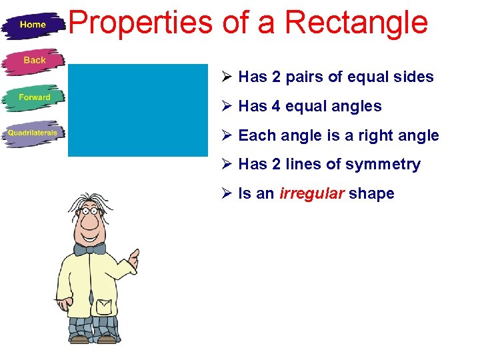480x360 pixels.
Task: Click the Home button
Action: click(33, 25)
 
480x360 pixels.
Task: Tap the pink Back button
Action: click(34, 61)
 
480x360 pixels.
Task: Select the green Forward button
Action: click(34, 97)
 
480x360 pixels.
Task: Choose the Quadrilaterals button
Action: click(33, 133)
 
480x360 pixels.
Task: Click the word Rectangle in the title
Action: click(356, 22)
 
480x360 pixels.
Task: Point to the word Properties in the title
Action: click(140, 22)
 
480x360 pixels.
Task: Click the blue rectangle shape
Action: click(138, 110)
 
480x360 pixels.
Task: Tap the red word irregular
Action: click(311, 194)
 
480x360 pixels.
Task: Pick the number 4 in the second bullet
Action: click(277, 107)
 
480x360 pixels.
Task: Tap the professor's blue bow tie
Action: click(89, 249)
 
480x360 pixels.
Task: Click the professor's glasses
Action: click(89, 213)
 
